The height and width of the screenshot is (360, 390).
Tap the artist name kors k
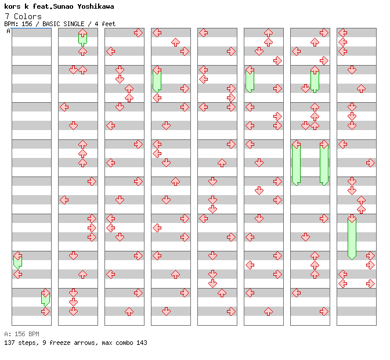pyautogui.click(x=16, y=6)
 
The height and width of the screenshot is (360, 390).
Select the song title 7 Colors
pyautogui.click(x=23, y=16)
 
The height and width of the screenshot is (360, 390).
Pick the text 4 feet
pyautogui.click(x=103, y=24)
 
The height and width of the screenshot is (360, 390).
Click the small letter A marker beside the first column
pyautogui.click(x=8, y=31)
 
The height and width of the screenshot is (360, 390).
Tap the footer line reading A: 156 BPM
pyautogui.click(x=21, y=334)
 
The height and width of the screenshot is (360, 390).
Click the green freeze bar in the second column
pyautogui.click(x=82, y=38)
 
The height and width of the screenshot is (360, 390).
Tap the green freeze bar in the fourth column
pyautogui.click(x=157, y=80)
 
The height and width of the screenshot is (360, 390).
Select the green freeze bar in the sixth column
pyautogui.click(x=250, y=80)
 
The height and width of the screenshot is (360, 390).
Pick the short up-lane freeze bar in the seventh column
pyautogui.click(x=315, y=80)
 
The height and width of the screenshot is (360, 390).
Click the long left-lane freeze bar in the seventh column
pyautogui.click(x=296, y=164)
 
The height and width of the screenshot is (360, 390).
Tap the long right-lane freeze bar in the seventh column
pyautogui.click(x=324, y=164)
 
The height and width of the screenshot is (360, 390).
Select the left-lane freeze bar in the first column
pyautogui.click(x=17, y=261)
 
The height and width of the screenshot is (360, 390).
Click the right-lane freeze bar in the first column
pyautogui.click(x=45, y=298)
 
